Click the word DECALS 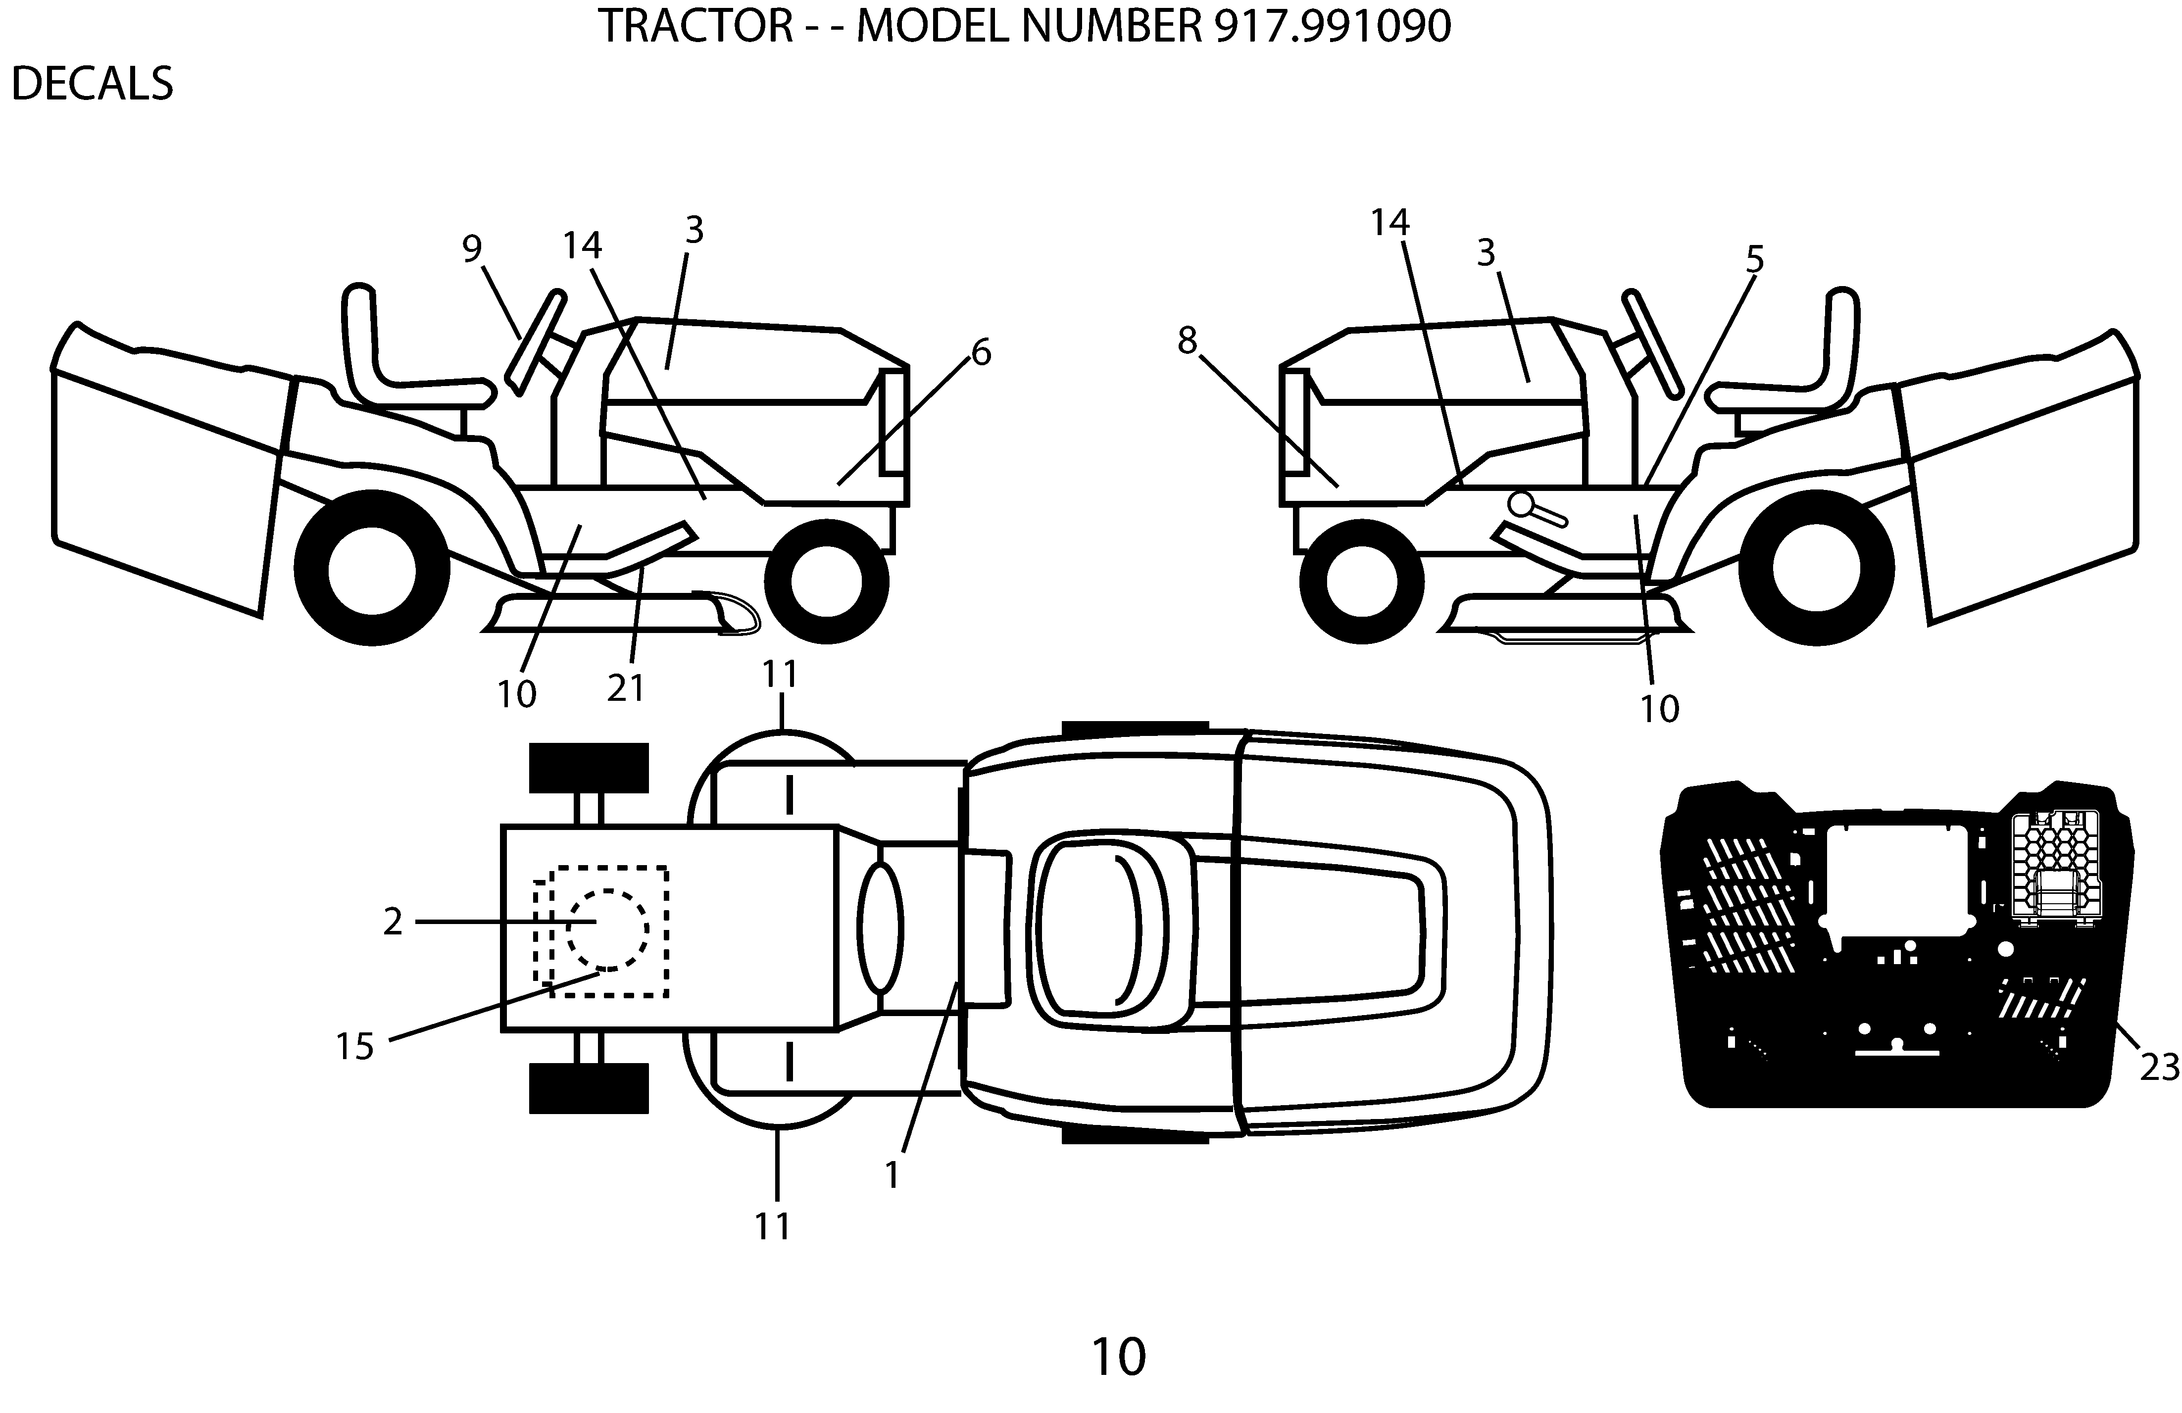click(92, 84)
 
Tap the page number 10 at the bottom click(1119, 1357)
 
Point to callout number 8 click(1187, 341)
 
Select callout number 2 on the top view click(393, 922)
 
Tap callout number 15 click(355, 1046)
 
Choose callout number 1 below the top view click(892, 1174)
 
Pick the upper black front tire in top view click(589, 768)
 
